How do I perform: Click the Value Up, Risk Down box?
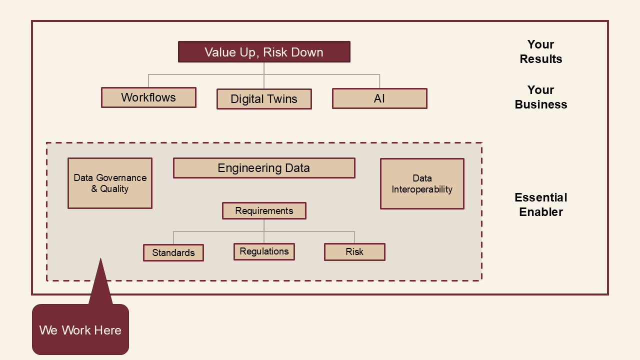click(264, 52)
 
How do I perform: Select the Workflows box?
click(148, 97)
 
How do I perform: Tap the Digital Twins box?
click(264, 99)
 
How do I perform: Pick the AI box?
click(379, 98)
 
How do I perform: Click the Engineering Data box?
click(264, 168)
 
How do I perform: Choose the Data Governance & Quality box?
click(110, 183)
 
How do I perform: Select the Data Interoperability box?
click(422, 183)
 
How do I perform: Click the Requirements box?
click(264, 210)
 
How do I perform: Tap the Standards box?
click(173, 252)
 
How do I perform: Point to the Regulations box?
click(264, 251)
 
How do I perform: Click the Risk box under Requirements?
click(354, 252)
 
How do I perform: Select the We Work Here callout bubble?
click(80, 329)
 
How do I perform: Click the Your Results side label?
click(541, 52)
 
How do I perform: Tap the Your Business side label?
click(541, 97)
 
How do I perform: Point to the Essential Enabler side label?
click(541, 204)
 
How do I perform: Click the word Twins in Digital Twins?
click(282, 99)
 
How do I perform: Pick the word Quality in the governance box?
click(114, 189)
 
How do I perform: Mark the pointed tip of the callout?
click(100, 259)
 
